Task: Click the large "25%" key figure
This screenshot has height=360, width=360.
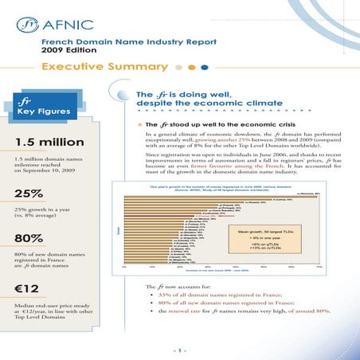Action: click(x=28, y=194)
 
